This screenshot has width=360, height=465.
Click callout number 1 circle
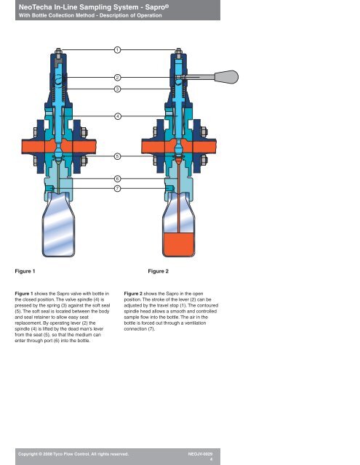point(118,50)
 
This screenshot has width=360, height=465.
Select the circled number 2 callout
point(118,78)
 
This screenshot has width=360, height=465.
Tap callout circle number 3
point(118,89)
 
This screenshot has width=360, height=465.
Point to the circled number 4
point(118,116)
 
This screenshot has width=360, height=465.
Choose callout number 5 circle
point(118,156)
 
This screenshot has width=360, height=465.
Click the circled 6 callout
point(118,179)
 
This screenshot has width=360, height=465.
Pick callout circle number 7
point(118,188)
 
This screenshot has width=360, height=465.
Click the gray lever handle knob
point(226,77)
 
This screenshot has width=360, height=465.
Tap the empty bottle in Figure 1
point(58,225)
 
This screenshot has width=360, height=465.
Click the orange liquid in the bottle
point(179,244)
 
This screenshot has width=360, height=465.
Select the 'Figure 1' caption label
point(25,271)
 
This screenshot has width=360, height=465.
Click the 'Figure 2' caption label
point(159,271)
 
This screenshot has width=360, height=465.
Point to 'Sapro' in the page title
point(156,7)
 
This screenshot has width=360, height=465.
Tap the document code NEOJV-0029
point(200,454)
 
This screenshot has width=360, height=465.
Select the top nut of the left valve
point(58,51)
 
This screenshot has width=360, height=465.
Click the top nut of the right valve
point(178,51)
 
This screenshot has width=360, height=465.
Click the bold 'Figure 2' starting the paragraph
point(133,294)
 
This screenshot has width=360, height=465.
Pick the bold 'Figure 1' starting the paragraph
point(24,294)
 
